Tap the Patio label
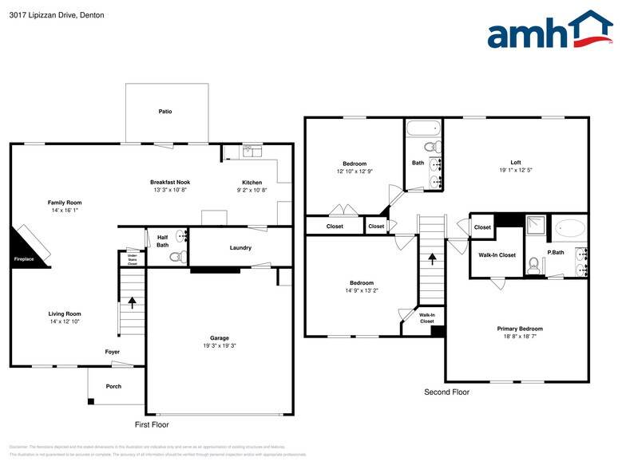click(165, 112)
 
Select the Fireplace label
click(23, 259)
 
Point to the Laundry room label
click(240, 248)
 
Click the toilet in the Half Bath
click(179, 256)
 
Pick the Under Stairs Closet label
click(133, 258)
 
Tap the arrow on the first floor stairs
click(133, 302)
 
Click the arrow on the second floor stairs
click(432, 259)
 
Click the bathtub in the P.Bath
click(569, 227)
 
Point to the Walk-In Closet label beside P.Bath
click(497, 255)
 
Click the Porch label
click(113, 387)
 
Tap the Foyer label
click(113, 352)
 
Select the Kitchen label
click(252, 183)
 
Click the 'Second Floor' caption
click(446, 392)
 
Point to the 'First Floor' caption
click(151, 424)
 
